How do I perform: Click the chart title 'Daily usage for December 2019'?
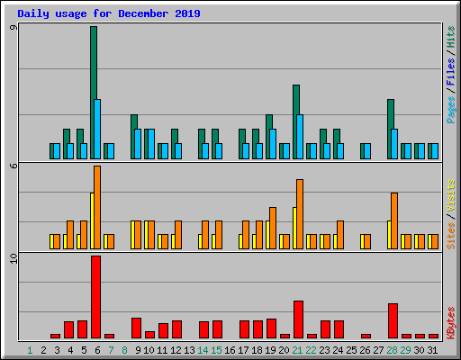[109, 14]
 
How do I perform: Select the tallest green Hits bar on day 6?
[93, 63]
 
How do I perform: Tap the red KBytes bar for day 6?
[95, 297]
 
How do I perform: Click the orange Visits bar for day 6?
[97, 207]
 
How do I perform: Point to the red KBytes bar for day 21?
[298, 319]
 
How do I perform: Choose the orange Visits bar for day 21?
[300, 214]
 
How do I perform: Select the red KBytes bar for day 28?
[393, 320]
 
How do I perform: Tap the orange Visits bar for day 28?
[394, 220]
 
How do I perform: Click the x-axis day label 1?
[30, 350]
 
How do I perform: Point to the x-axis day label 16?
[230, 350]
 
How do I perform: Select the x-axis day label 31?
[433, 350]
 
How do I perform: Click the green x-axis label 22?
[311, 350]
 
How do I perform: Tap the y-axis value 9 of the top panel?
[13, 29]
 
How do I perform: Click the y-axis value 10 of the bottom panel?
[13, 259]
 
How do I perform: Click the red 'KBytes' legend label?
[450, 322]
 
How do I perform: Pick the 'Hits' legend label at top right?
[450, 36]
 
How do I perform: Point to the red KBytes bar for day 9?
[136, 328]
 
